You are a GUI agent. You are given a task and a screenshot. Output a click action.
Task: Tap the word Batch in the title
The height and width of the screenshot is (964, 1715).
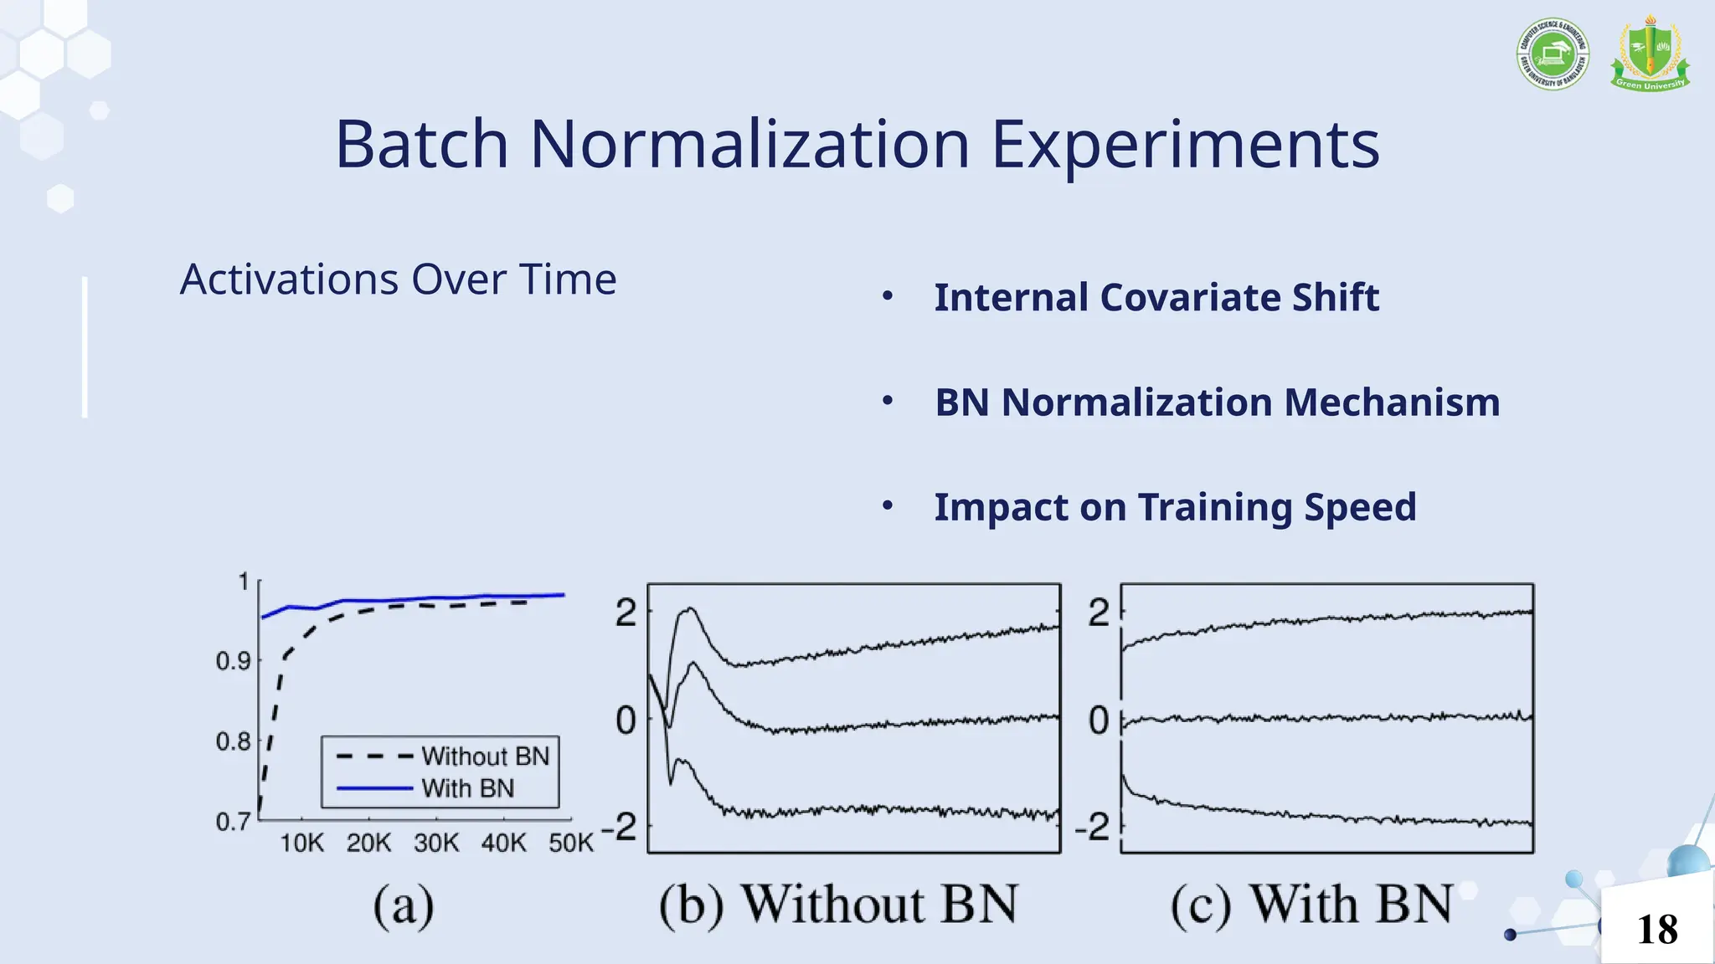coord(422,144)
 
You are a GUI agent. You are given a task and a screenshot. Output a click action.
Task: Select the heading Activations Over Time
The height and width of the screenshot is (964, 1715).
coord(398,279)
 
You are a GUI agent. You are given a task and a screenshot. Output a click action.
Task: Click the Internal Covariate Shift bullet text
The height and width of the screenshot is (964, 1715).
coord(1156,298)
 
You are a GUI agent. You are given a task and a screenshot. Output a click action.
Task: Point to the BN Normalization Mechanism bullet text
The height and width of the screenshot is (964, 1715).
coord(1217,403)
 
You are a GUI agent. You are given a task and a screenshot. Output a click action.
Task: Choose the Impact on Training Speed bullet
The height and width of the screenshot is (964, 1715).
coord(1175,507)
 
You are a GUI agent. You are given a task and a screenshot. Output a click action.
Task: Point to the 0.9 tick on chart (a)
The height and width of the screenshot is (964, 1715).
coord(233,661)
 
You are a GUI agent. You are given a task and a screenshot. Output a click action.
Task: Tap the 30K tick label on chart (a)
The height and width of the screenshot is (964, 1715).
coord(436,843)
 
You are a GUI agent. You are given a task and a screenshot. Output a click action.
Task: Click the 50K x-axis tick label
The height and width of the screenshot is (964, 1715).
coord(571,843)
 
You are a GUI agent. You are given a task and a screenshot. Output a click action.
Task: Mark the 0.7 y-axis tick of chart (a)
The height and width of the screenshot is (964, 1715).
coord(233,822)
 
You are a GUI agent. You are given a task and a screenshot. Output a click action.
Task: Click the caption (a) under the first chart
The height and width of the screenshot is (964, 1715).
coord(404,905)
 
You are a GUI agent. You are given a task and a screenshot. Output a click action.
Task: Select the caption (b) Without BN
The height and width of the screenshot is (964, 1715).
coord(838,905)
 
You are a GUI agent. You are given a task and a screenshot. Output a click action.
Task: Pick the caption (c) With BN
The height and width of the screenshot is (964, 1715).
coord(1311,905)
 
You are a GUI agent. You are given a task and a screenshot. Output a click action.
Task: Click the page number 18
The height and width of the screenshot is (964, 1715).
coord(1657,930)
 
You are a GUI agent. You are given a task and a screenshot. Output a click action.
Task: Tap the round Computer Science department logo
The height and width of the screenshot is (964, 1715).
coord(1553,54)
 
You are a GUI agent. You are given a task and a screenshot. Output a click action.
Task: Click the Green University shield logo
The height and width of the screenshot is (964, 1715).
coord(1649,54)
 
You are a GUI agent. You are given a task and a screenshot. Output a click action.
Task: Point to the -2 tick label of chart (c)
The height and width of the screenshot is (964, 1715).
coord(1093,828)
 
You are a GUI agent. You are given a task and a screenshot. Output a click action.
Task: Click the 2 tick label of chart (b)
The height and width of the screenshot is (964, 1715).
coord(626,613)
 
